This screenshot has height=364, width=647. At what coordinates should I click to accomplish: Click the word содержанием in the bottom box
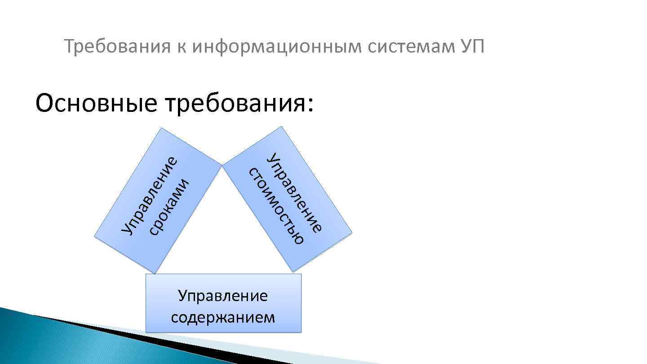pyautogui.click(x=223, y=317)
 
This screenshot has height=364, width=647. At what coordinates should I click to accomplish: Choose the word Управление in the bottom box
pyautogui.click(x=223, y=296)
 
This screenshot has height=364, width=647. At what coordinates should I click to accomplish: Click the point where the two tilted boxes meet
pyautogui.click(x=222, y=165)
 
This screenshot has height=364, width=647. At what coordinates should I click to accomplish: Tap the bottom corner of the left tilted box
pyautogui.click(x=155, y=273)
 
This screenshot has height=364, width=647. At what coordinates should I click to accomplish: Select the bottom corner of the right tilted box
pyautogui.click(x=293, y=271)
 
